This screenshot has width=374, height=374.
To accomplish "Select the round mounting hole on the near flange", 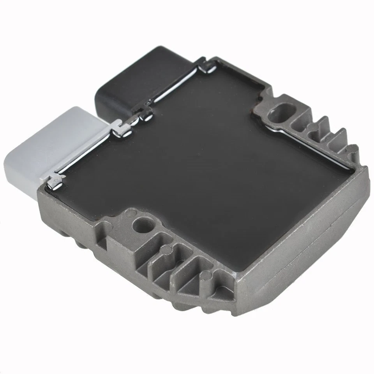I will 139,226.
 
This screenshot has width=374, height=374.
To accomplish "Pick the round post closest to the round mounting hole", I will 166,249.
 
